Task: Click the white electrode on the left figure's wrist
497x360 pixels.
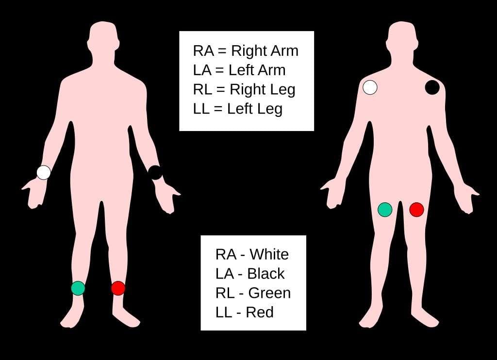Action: (x=44, y=172)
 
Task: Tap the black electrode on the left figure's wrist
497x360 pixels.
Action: (x=155, y=172)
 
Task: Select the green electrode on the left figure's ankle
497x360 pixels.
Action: (x=78, y=288)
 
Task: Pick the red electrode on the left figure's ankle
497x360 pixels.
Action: (x=118, y=288)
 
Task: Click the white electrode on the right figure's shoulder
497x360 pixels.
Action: (x=370, y=87)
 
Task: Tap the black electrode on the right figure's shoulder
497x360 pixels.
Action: (x=432, y=87)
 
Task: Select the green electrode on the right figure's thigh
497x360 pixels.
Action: (x=385, y=209)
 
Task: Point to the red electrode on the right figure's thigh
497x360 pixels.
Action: (x=416, y=209)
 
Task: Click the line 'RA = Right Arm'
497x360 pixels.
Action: (x=246, y=50)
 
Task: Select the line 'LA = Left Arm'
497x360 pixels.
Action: (x=239, y=70)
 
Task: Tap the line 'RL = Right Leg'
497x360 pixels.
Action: (x=244, y=89)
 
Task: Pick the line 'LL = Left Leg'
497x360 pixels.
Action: (x=237, y=109)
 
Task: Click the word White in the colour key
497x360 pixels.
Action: (x=269, y=254)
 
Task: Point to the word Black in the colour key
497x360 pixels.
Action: (x=266, y=274)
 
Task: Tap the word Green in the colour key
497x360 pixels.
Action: (x=269, y=293)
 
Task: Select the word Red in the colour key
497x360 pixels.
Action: (x=260, y=312)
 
